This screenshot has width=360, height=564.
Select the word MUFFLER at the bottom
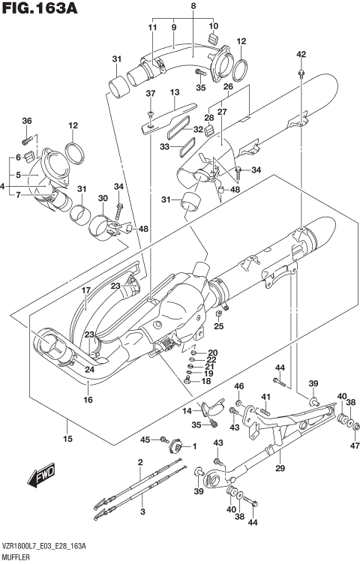coord(21,556)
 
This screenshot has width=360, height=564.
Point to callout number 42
coord(301,54)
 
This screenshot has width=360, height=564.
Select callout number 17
coord(85,290)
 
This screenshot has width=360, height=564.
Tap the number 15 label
coord(67,438)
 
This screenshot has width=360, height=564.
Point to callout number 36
coord(27,121)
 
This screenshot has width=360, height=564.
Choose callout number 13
coord(175,92)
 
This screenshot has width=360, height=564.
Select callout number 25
coord(218,325)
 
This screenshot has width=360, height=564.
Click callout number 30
coord(103,198)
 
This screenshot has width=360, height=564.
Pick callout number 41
coord(265,396)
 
